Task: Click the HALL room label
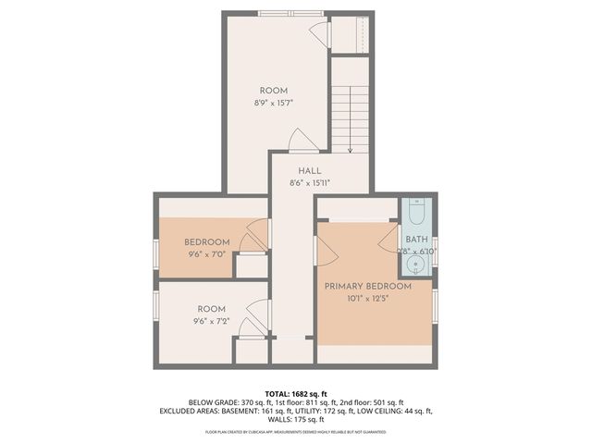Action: (x=310, y=171)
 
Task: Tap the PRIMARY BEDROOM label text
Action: (x=367, y=287)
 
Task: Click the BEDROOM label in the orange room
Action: (x=207, y=242)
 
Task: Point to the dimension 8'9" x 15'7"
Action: (x=273, y=102)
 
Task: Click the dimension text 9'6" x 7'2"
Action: (x=212, y=321)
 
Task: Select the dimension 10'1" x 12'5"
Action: (x=367, y=299)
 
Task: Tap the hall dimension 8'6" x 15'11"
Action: (x=310, y=183)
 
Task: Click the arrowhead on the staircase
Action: (x=351, y=150)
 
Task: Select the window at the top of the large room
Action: (x=284, y=13)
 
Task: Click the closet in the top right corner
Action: (x=351, y=34)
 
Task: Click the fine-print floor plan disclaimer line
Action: (x=295, y=431)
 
